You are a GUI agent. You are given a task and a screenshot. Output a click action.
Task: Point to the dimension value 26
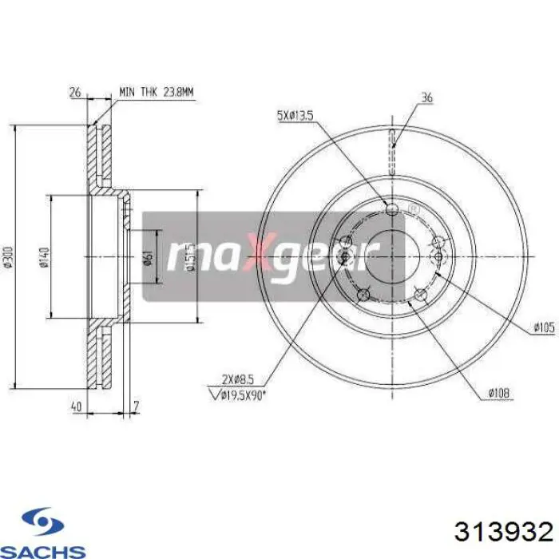pyautogui.click(x=75, y=93)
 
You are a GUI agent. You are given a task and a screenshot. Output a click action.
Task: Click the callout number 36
pyautogui.click(x=426, y=98)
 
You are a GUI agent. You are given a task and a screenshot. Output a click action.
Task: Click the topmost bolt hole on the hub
pyautogui.click(x=392, y=209)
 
